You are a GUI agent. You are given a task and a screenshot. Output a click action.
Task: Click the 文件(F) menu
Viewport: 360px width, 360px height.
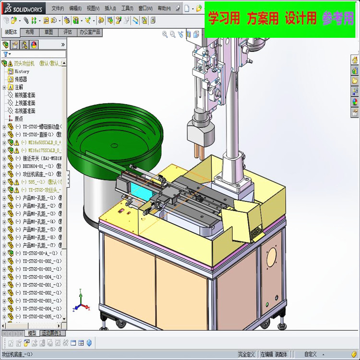pyautogui.click(x=58, y=8)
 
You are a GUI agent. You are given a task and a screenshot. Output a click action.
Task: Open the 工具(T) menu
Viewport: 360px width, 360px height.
pyautogui.click(x=127, y=8)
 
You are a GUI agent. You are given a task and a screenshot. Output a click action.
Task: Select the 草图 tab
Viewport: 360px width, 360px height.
pyautogui.click(x=48, y=32)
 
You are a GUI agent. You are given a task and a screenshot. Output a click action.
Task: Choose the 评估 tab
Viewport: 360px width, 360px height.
pyautogui.click(x=68, y=32)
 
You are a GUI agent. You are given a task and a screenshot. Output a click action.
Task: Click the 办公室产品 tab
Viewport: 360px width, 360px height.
pyautogui.click(x=90, y=32)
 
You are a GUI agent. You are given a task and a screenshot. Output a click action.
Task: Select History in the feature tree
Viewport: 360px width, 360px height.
pyautogui.click(x=22, y=71)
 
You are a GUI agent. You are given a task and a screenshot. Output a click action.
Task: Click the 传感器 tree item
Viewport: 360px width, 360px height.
pyautogui.click(x=21, y=79)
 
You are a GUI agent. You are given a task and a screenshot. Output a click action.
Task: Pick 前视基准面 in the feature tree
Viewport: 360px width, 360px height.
pyautogui.click(x=25, y=95)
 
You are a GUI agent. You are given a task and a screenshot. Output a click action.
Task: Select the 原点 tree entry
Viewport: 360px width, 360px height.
pyautogui.click(x=19, y=119)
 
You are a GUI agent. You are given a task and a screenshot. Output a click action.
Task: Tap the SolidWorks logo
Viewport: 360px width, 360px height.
pyautogui.click(x=24, y=8)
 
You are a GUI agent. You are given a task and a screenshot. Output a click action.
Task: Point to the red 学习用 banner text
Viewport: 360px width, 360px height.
pyautogui.click(x=224, y=19)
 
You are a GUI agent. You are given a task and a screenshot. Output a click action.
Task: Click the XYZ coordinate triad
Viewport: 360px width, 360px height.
pyautogui.click(x=82, y=306)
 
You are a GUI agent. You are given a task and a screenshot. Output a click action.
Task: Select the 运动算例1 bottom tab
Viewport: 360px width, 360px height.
pyautogui.click(x=52, y=333)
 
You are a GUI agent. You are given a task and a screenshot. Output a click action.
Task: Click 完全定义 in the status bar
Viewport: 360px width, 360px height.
pyautogui.click(x=246, y=354)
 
